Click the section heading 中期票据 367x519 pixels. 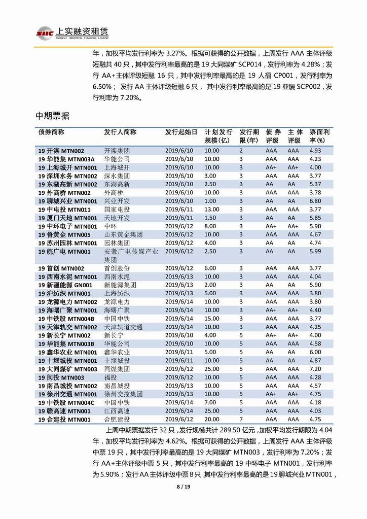point(52,116)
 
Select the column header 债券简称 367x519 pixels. point(52,132)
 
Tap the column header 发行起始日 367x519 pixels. point(181,132)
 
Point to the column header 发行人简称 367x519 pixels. point(120,132)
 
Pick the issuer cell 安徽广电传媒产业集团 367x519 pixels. point(131,255)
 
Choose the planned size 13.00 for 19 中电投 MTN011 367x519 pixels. point(212,210)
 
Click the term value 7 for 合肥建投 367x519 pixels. point(241,419)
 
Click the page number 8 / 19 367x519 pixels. point(183,487)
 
